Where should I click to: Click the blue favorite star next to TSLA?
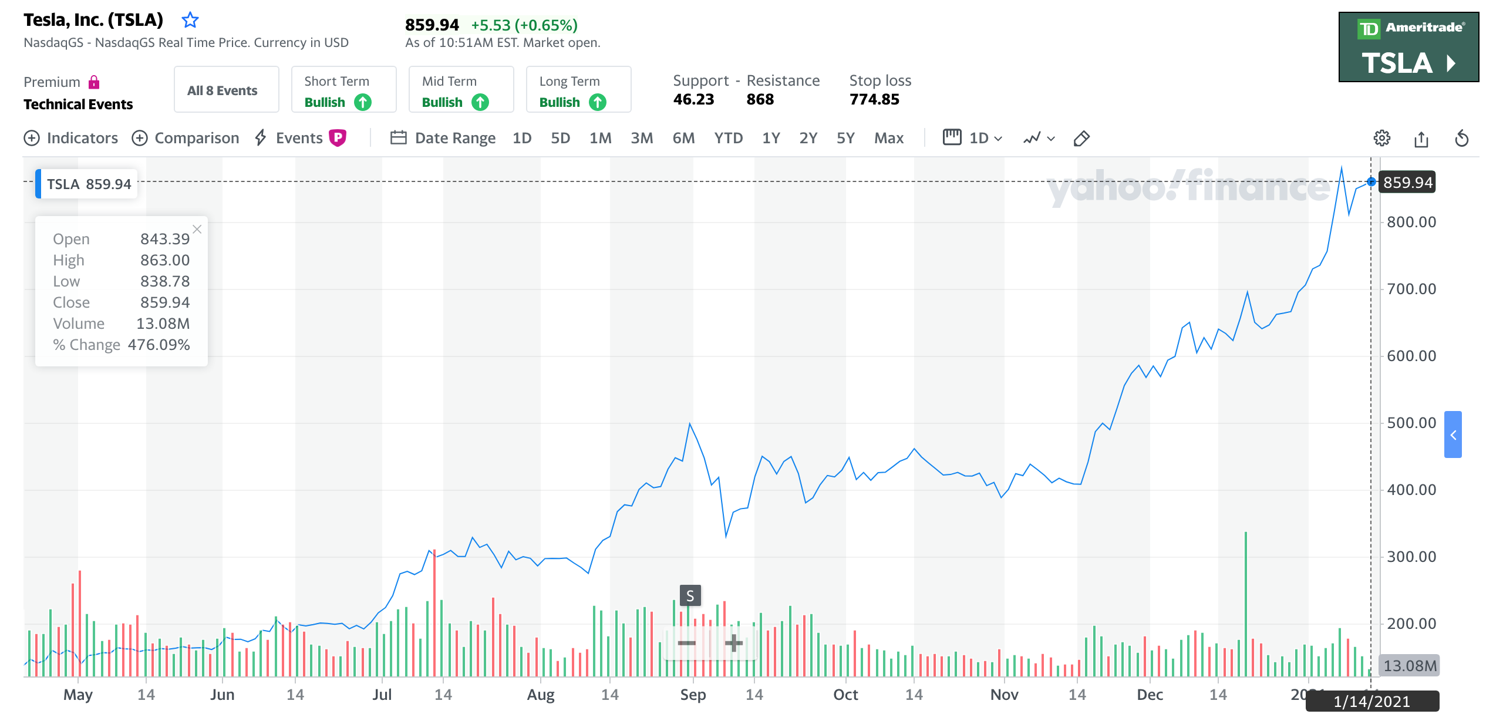tap(190, 21)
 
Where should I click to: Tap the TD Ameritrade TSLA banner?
tap(1408, 47)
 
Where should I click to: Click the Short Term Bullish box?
tap(343, 90)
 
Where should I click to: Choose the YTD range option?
tap(728, 138)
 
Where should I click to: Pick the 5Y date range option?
tap(845, 138)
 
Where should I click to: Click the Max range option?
tap(888, 138)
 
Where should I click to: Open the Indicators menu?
tap(71, 138)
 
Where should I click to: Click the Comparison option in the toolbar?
tap(186, 138)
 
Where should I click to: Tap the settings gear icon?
tap(1381, 138)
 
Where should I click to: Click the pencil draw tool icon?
tap(1081, 139)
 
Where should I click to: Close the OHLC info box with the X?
tap(197, 230)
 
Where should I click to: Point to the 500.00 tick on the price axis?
tap(1411, 423)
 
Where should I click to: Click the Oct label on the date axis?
tap(845, 695)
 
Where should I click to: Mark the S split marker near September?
tap(690, 595)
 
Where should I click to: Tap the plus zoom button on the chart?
tap(733, 643)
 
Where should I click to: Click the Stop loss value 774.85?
tap(874, 99)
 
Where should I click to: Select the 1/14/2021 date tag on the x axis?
tap(1371, 702)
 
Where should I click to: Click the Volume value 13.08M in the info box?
tap(163, 324)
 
